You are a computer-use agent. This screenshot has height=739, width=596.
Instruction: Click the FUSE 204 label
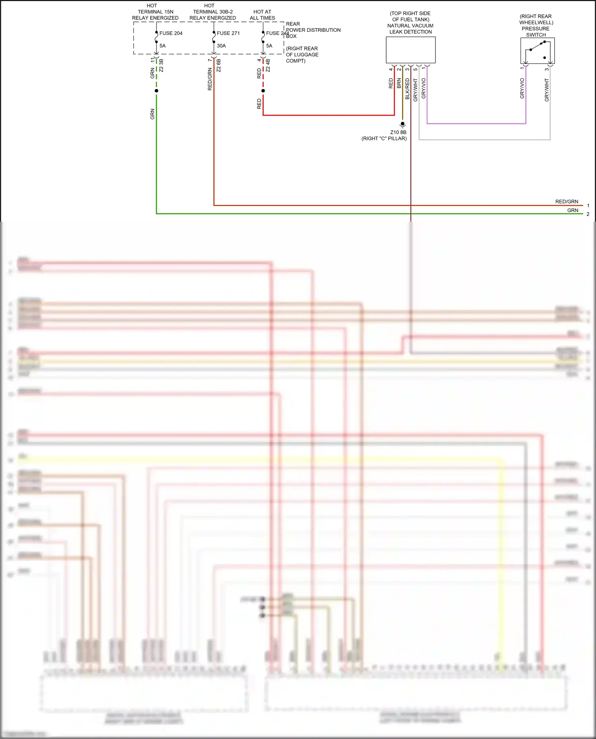pyautogui.click(x=171, y=33)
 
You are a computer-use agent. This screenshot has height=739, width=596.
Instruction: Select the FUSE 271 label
pyautogui.click(x=228, y=33)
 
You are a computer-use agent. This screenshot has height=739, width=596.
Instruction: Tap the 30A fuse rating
pyautogui.click(x=221, y=46)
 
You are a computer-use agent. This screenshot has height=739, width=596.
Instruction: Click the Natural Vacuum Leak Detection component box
pyautogui.click(x=410, y=50)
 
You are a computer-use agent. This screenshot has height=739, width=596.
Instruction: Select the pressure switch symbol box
pyautogui.click(x=537, y=51)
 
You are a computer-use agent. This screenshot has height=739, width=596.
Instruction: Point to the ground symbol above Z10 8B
pyautogui.click(x=402, y=125)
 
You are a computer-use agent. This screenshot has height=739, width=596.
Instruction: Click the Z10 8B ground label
pyautogui.click(x=398, y=132)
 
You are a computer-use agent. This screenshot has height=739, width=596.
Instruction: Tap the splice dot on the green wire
pyautogui.click(x=157, y=91)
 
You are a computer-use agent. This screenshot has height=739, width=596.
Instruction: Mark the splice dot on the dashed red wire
pyautogui.click(x=263, y=91)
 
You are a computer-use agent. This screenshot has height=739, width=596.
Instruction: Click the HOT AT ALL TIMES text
pyautogui.click(x=262, y=15)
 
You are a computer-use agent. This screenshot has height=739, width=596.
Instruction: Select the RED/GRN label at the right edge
pyautogui.click(x=567, y=202)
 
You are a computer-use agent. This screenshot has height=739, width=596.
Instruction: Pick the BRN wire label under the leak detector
pyautogui.click(x=399, y=83)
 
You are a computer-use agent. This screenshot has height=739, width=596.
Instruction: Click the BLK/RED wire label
pyautogui.click(x=407, y=89)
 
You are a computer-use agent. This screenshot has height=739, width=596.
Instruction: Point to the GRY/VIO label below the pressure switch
pyautogui.click(x=522, y=88)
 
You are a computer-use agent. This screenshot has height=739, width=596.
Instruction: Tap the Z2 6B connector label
pyautogui.click(x=219, y=66)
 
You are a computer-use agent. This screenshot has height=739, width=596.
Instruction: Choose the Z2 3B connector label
pyautogui.click(x=161, y=66)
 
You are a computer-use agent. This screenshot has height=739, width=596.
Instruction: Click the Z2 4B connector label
pyautogui.click(x=268, y=66)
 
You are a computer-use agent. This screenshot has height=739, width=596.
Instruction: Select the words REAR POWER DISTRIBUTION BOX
pyautogui.click(x=313, y=30)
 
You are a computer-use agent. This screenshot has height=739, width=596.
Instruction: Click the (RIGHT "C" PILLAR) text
pyautogui.click(x=384, y=139)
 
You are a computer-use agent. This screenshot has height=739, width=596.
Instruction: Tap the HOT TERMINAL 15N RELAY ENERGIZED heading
pyautogui.click(x=155, y=12)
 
